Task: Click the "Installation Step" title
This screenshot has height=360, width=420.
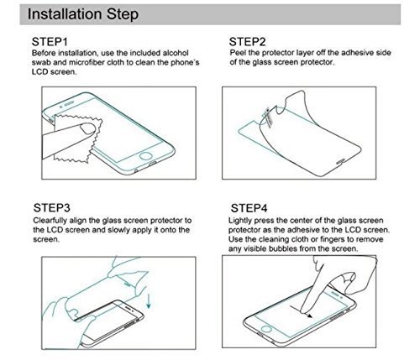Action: click(83, 14)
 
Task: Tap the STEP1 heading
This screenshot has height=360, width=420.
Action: click(50, 42)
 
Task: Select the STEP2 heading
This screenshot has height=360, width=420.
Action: click(247, 42)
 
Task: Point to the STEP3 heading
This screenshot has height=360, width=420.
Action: click(52, 208)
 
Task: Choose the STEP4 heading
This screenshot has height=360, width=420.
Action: click(249, 208)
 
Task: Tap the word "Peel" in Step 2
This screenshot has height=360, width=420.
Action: click(238, 53)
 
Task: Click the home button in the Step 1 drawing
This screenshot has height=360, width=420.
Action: click(146, 156)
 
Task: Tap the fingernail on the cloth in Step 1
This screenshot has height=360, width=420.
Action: click(88, 128)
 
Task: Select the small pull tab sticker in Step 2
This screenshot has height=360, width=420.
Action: click(268, 117)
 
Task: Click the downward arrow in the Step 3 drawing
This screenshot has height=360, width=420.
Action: click(149, 300)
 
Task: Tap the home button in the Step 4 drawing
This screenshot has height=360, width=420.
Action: click(265, 328)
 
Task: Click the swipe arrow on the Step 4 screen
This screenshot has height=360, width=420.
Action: click(301, 311)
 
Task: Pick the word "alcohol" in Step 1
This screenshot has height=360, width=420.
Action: click(176, 53)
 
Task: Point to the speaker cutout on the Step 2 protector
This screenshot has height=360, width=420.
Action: click(341, 162)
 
